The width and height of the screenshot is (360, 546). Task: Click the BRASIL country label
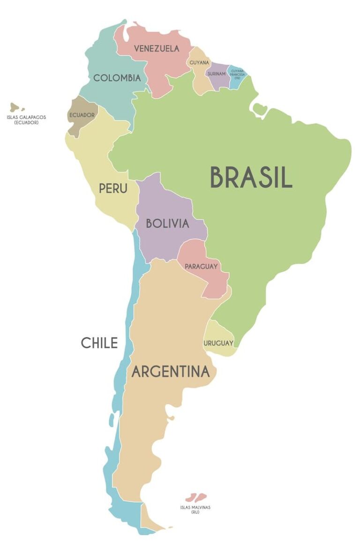coord(251,177)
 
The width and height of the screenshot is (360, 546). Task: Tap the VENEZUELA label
coord(157,48)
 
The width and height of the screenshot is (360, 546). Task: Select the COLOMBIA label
coord(117,78)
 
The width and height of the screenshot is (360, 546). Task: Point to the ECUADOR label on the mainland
coord(82,115)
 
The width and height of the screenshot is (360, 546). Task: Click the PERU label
coord(113,188)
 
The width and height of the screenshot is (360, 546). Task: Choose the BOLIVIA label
coord(167,223)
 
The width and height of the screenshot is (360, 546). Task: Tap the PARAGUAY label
coord(201,266)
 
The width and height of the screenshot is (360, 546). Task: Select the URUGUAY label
coord(218,343)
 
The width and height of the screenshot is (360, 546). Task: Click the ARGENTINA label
coord(170,372)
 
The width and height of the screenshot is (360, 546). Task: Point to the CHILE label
coord(99,343)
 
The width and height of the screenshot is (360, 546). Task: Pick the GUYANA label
coord(199,63)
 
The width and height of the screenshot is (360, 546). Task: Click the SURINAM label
coord(217,74)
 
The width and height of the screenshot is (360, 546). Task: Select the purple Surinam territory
coord(218,80)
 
